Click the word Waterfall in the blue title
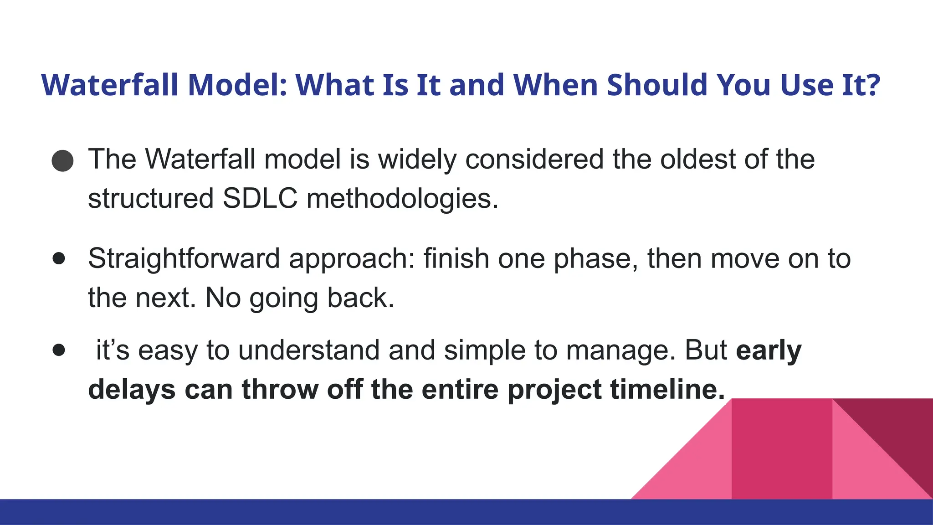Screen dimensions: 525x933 [109, 85]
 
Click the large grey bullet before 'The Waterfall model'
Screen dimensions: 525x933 [62, 160]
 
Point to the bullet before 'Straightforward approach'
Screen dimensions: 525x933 [59, 258]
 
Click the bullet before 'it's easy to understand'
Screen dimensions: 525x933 [59, 350]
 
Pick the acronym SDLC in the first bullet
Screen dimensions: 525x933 [260, 199]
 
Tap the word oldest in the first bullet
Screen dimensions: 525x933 [697, 160]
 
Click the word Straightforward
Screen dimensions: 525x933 [184, 259]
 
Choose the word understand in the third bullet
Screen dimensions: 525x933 [308, 350]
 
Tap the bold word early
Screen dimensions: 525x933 [768, 351]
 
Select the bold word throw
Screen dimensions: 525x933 [280, 390]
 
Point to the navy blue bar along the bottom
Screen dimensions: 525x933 [319, 512]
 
